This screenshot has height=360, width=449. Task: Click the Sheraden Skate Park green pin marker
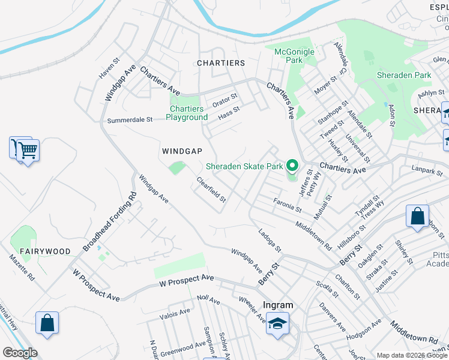click(292, 164)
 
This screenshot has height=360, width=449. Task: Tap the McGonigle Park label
click(294, 56)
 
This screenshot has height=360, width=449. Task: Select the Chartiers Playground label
click(187, 113)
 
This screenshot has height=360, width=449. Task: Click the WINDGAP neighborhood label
click(181, 151)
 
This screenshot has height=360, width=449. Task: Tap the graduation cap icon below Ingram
click(277, 324)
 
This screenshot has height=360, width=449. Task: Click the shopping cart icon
click(27, 150)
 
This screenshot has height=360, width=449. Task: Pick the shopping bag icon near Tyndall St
click(417, 217)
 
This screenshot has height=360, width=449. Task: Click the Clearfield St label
click(212, 190)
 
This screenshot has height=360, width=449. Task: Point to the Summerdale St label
click(130, 120)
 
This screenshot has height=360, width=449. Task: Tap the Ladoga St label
click(270, 240)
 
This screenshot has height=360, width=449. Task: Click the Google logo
click(20, 353)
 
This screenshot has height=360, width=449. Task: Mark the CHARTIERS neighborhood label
click(221, 63)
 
